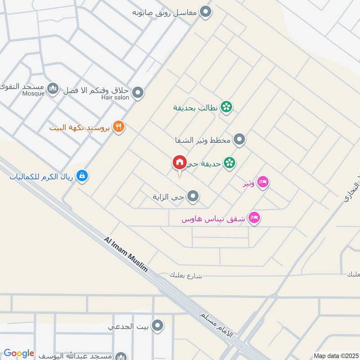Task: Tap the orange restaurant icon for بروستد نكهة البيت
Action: [x=119, y=127]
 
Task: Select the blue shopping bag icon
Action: [x=82, y=176]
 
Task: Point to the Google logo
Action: [x=19, y=353]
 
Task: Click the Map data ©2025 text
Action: [x=336, y=355]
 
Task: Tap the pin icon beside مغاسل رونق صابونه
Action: [x=206, y=12]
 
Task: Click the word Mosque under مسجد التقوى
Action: [x=34, y=94]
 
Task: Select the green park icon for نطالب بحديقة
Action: [x=226, y=107]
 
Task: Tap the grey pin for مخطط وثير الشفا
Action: [x=239, y=140]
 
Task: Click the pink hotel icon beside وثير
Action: [x=264, y=182]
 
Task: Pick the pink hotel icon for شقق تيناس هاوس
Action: [x=254, y=218]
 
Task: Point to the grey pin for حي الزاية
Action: [x=193, y=196]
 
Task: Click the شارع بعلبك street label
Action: [x=186, y=274]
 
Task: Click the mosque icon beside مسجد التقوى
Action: [x=53, y=88]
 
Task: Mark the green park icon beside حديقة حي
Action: [x=229, y=163]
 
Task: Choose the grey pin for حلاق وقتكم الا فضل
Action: [x=138, y=93]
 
